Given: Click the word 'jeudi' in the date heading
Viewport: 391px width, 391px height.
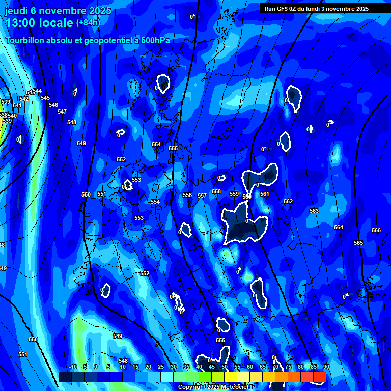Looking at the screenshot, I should [x=16, y=11].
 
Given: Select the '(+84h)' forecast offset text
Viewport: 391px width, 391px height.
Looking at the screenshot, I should [x=88, y=23].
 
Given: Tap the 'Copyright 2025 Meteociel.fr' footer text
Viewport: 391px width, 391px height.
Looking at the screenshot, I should [x=216, y=387].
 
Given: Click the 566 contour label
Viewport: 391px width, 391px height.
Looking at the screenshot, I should [x=376, y=231].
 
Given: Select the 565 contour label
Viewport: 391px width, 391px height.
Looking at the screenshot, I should [x=358, y=243].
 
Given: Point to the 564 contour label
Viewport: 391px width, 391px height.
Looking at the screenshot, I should [x=339, y=227].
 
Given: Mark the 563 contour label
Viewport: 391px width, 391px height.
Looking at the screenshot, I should [x=314, y=211].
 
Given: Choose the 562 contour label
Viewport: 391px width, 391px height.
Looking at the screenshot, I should [x=288, y=201].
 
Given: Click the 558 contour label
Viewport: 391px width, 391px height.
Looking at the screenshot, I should [x=216, y=191].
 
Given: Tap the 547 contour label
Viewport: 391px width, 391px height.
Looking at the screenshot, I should [x=62, y=111].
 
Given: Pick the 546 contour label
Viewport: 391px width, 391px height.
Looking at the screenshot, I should [x=53, y=105].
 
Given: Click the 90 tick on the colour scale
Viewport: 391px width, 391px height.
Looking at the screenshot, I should [x=326, y=367].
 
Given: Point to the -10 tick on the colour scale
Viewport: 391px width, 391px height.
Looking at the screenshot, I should [x=72, y=367].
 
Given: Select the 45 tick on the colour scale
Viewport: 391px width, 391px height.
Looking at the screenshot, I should [x=211, y=367].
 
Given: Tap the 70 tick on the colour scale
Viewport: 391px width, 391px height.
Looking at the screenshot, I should [x=275, y=367].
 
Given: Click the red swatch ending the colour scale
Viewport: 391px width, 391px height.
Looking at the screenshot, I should [x=320, y=376].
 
